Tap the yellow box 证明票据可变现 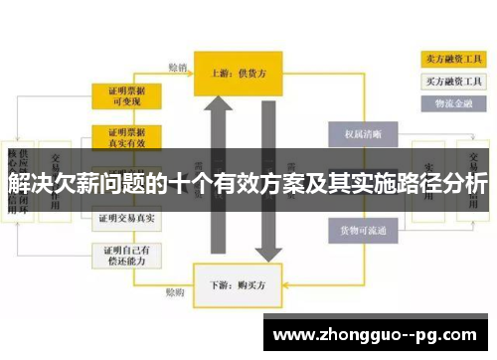point(127,95)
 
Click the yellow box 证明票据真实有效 point(127,136)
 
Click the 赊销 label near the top point(178,68)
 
